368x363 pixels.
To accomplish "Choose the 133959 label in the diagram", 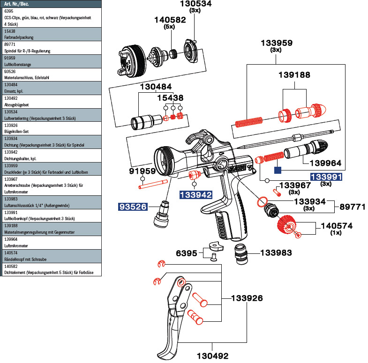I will click(x=277, y=43).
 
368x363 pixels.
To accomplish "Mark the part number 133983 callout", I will click(x=276, y=253).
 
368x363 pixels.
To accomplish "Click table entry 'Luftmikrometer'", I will click(x=16, y=245).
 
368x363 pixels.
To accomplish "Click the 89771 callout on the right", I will click(x=352, y=206).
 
